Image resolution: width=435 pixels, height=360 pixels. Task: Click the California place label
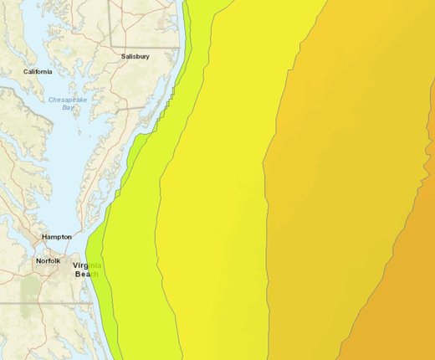[x=38, y=72]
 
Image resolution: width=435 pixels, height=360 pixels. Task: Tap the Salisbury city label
[x=136, y=57]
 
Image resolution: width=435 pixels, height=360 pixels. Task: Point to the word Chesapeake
[x=69, y=100]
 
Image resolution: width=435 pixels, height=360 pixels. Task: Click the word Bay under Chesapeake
[x=68, y=107]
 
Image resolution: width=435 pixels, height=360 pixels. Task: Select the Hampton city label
[x=57, y=237]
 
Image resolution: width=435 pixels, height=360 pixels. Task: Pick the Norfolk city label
[x=48, y=261]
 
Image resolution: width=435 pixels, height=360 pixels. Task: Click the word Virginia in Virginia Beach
[x=86, y=265]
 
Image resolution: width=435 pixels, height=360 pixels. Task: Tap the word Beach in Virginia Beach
[x=86, y=274]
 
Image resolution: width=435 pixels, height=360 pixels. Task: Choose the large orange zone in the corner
[x=402, y=310]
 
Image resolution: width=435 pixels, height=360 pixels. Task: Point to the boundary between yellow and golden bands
[x=267, y=209]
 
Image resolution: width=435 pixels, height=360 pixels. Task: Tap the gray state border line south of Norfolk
[x=42, y=301]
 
